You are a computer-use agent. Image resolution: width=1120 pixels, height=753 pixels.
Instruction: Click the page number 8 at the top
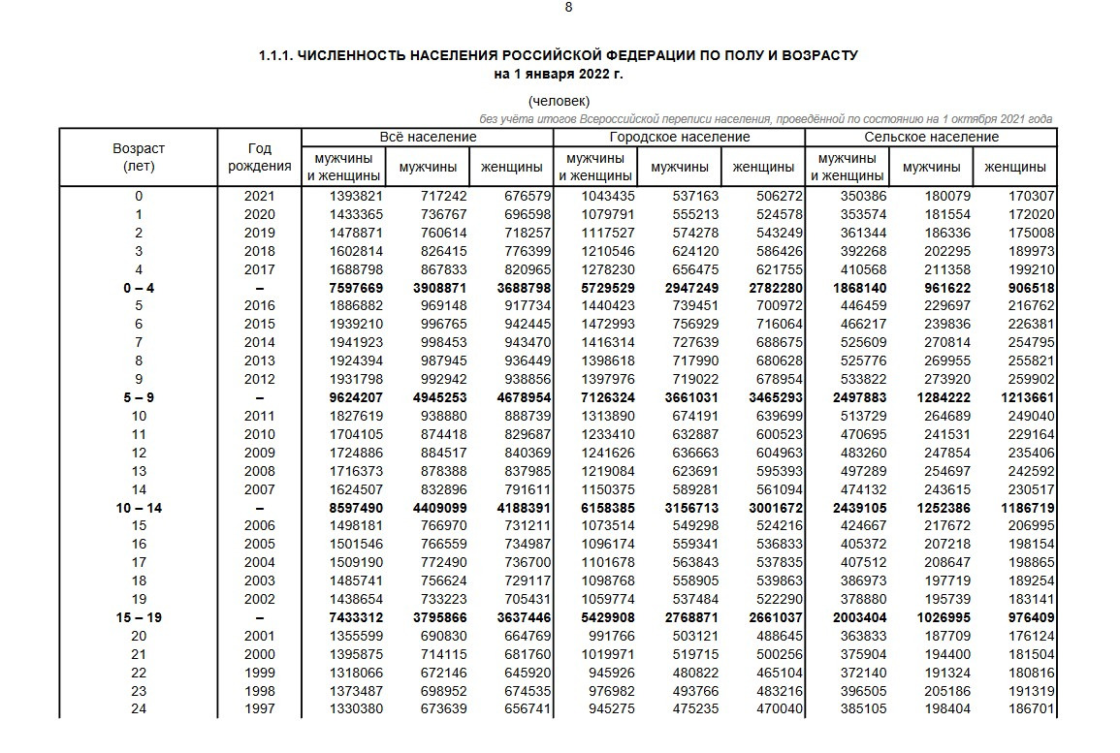568,7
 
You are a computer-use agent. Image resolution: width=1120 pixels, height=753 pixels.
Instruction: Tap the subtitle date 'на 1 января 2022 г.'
558,74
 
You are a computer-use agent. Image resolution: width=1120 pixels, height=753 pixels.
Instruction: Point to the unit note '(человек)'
559,101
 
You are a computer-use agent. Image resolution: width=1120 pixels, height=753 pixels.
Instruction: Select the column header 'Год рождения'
259,157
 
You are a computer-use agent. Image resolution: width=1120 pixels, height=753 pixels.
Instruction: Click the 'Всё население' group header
428,137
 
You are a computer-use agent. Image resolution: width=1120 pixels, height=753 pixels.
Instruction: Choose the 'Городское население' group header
679,137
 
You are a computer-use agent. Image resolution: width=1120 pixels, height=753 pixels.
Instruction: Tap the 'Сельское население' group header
931,137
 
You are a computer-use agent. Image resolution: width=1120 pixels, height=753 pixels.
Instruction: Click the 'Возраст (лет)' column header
139,157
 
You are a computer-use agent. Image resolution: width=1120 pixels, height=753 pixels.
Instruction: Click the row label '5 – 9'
139,398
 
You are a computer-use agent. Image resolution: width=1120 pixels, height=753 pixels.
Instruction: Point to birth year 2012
259,380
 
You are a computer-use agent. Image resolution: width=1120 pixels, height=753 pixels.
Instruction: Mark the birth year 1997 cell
259,709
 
